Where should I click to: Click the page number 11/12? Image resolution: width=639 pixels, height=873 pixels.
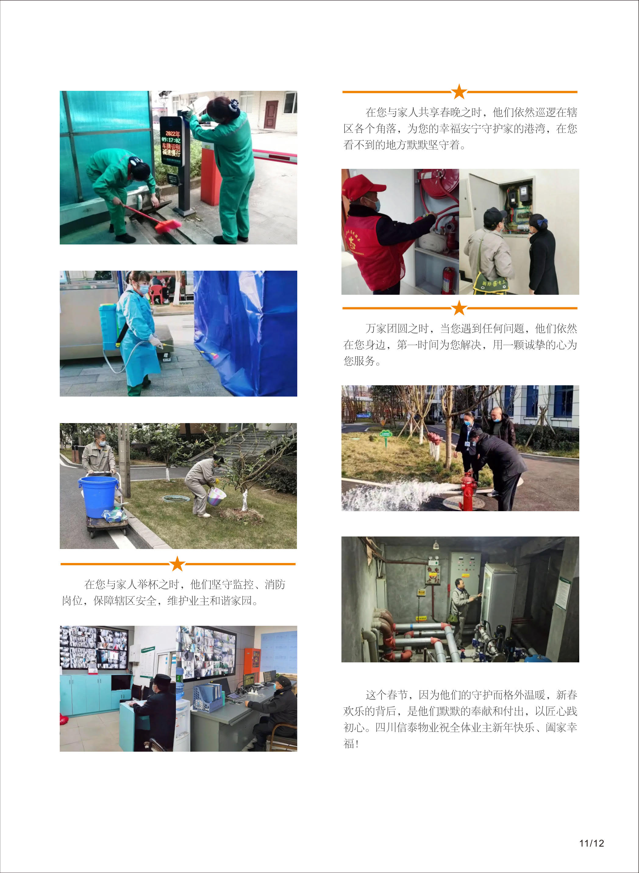tap(591, 843)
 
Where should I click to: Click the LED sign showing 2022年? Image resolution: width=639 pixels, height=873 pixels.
tap(171, 141)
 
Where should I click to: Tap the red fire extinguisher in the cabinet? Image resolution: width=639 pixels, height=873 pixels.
tap(449, 280)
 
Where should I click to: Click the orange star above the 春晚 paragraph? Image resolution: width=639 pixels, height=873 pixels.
tap(459, 92)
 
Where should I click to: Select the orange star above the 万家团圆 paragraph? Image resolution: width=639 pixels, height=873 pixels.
tap(459, 308)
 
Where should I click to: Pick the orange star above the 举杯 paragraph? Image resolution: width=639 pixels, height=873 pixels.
tap(177, 564)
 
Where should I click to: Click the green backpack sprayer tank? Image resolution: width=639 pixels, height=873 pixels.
tap(108, 326)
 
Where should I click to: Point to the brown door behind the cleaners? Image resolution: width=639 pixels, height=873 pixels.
tap(271, 115)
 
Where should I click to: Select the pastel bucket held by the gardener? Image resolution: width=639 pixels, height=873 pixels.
tap(216, 496)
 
